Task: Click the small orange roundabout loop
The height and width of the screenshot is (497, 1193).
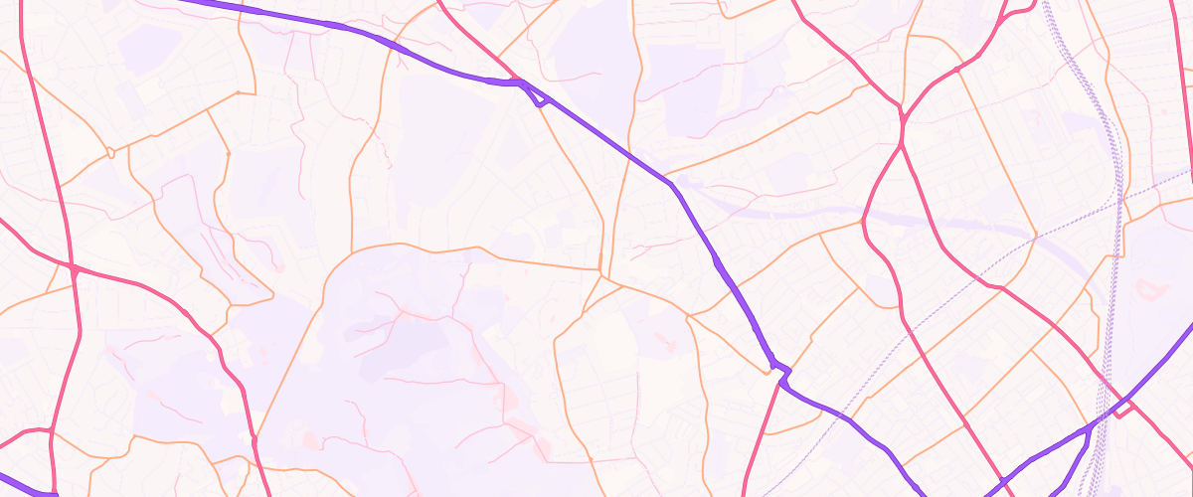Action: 110,153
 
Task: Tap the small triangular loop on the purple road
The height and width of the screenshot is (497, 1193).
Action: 538,96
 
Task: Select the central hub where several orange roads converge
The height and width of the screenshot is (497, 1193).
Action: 600,268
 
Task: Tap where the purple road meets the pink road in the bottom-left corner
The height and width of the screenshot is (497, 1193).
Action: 50,491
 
